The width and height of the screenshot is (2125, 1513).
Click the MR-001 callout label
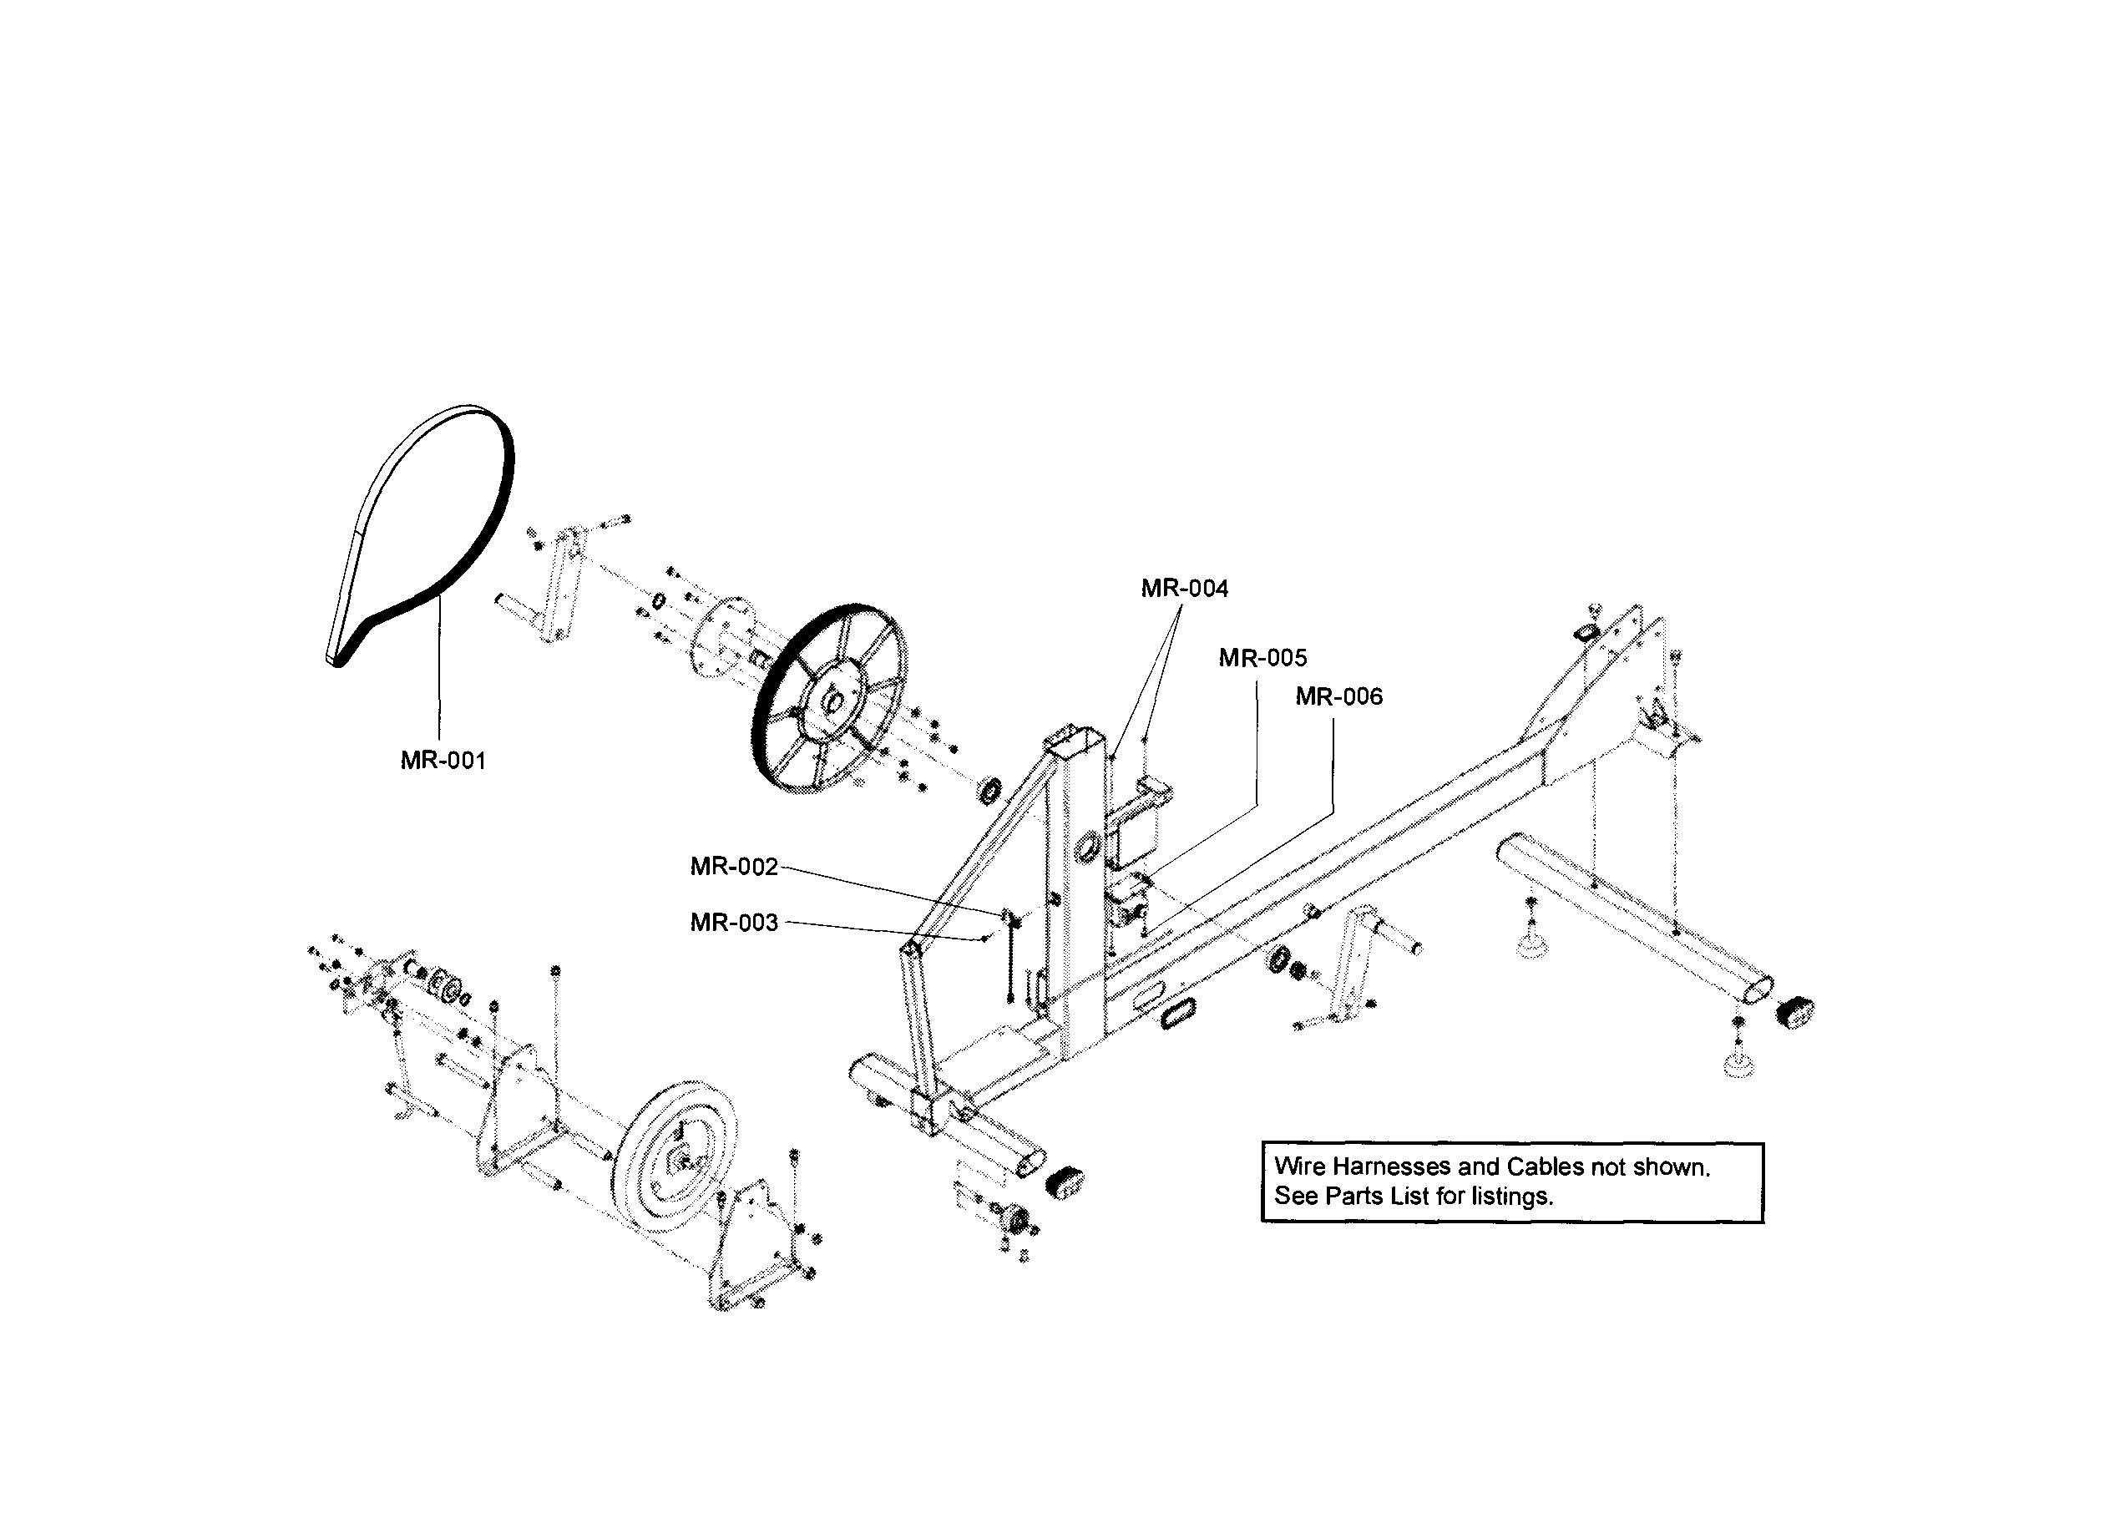point(443,762)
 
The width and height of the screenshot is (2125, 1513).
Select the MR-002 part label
point(733,867)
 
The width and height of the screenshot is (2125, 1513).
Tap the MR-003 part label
point(733,923)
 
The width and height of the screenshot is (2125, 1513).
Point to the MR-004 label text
point(1184,588)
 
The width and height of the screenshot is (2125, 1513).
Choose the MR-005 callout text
point(1262,658)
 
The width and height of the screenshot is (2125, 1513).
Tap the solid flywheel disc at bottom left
point(676,1156)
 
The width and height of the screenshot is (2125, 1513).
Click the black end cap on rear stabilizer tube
point(1794,1012)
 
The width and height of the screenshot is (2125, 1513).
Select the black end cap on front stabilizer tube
point(1065,1182)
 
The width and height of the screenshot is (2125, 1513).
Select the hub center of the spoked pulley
point(832,700)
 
